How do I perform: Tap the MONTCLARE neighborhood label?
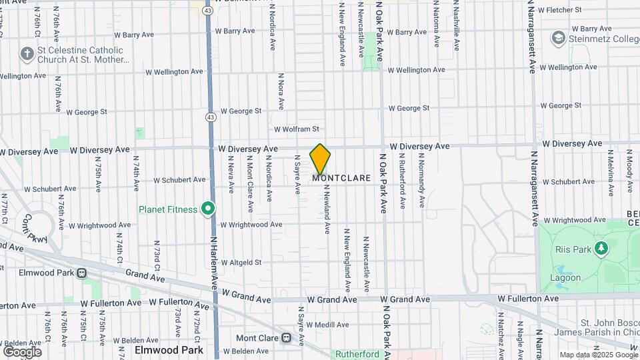pyautogui.click(x=341, y=179)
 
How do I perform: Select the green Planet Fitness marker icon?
pyautogui.click(x=208, y=209)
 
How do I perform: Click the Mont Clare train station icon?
pyautogui.click(x=287, y=337)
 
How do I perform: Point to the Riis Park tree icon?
pyautogui.click(x=602, y=249)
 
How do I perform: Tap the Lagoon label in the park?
pyautogui.click(x=565, y=277)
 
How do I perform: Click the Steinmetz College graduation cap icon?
pyautogui.click(x=557, y=38)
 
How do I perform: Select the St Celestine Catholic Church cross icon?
pyautogui.click(x=27, y=53)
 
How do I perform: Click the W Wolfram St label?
pyautogui.click(x=297, y=129)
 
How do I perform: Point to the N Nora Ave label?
pyautogui.click(x=281, y=92)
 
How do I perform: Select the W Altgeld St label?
pyautogui.click(x=241, y=263)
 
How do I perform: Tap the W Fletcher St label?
pyautogui.click(x=560, y=10)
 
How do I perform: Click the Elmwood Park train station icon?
pyautogui.click(x=81, y=273)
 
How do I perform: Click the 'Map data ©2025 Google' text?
pyautogui.click(x=598, y=355)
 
